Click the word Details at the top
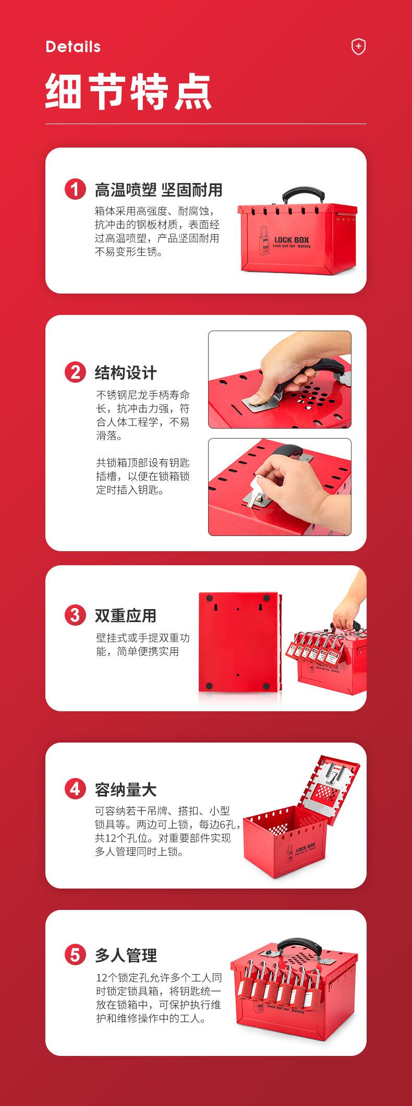coord(73,47)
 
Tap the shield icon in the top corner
coord(358,47)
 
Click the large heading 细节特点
coord(129,92)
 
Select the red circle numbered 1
coord(75,189)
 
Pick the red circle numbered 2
coord(75,372)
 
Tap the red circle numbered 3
coord(75,615)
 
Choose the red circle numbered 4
coord(75,789)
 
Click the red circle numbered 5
coord(75,955)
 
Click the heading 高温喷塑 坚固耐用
coord(159,190)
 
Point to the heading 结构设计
coord(126,373)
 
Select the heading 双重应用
coord(126,615)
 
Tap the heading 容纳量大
coord(126,789)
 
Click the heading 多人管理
coord(126,955)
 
